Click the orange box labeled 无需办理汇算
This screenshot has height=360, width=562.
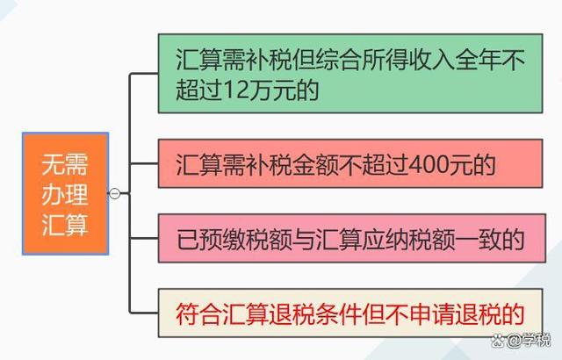pos(65,193)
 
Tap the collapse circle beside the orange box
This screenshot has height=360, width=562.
pos(114,193)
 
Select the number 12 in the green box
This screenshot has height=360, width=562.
pos(236,90)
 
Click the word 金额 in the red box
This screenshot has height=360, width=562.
pos(315,164)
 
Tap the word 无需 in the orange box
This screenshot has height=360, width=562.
pos(65,164)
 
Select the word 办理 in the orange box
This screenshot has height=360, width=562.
pos(65,195)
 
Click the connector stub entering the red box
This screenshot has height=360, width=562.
pos(144,163)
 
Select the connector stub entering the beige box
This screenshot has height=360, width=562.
pos(144,313)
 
